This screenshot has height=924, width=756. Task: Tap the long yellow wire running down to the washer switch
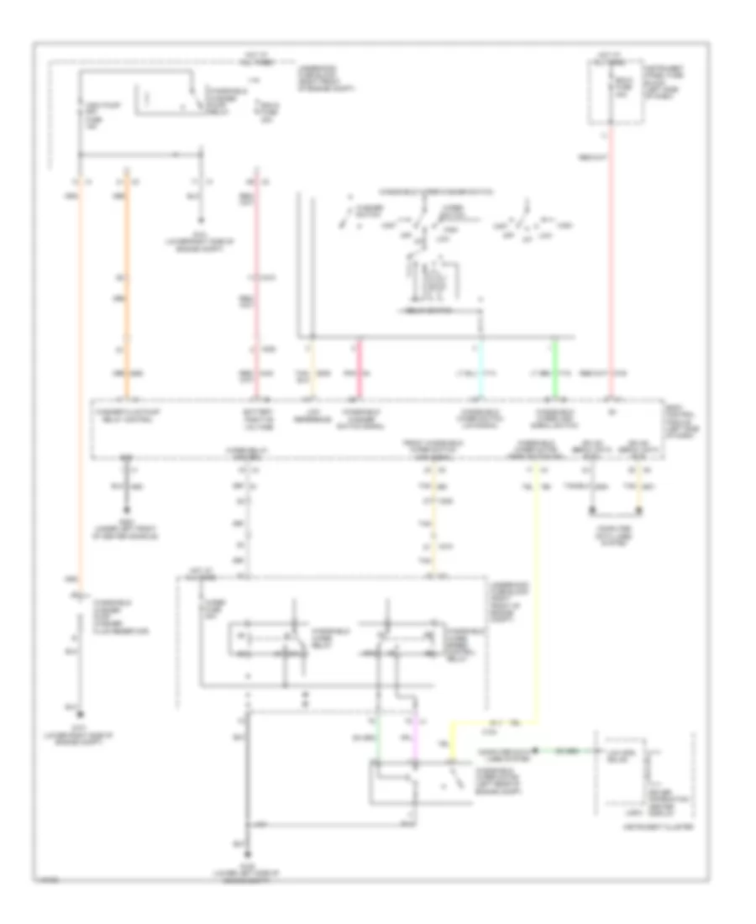[537, 605]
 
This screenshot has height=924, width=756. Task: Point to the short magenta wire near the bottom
[413, 739]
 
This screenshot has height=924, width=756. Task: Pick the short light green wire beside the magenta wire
[378, 739]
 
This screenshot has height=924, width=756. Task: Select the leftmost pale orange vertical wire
[81, 378]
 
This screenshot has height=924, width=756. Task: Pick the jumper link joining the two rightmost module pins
[616, 512]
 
